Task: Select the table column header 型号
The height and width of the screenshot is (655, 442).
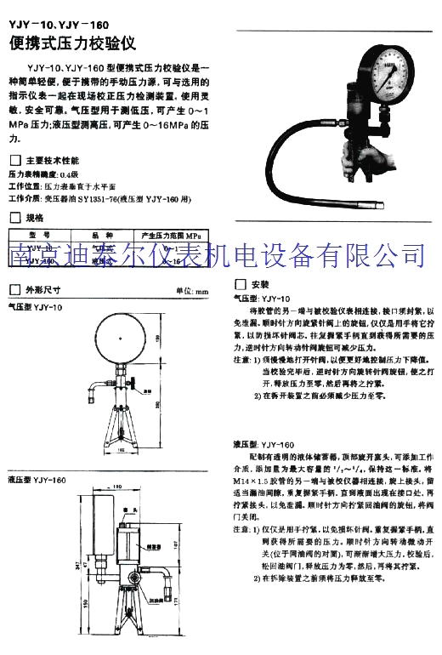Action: click(42, 236)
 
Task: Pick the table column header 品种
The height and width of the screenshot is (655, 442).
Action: click(104, 236)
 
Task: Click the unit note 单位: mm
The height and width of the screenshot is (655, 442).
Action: click(191, 290)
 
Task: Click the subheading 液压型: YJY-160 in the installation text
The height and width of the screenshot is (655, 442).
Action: click(263, 443)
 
